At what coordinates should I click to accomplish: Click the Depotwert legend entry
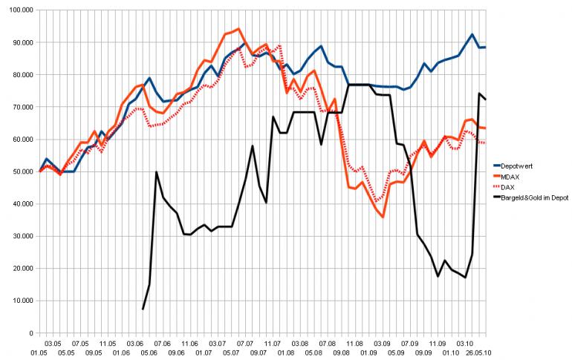(x=521, y=165)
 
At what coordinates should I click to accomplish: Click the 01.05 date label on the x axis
(x=39, y=353)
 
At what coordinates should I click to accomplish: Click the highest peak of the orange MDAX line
(x=238, y=29)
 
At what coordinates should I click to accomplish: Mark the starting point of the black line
(x=143, y=309)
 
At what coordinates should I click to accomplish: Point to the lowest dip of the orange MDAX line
(x=383, y=217)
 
